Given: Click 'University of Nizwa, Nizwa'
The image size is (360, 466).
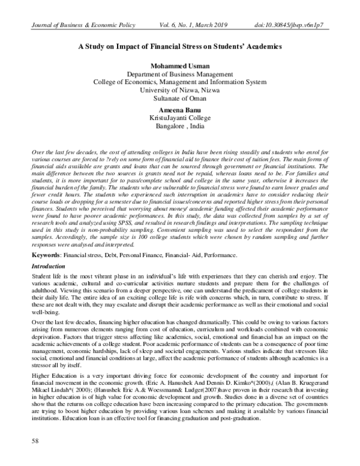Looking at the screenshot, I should point(180,90).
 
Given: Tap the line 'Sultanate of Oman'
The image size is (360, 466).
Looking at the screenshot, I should point(180,98).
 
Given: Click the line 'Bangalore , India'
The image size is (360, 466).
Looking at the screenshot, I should point(180,128).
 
